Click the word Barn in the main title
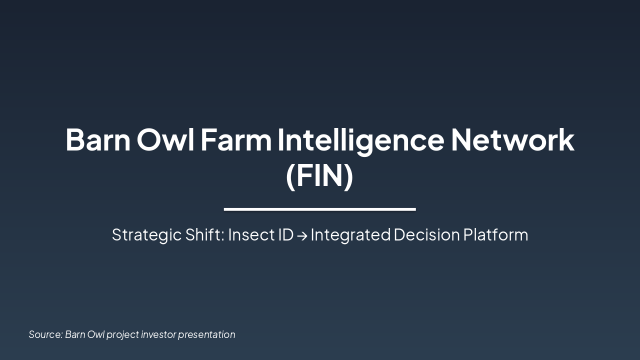tap(97, 140)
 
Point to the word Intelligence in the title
tap(360, 140)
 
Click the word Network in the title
tap(512, 140)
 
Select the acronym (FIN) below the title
tap(319, 176)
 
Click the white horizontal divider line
tap(319, 209)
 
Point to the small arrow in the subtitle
tap(301, 235)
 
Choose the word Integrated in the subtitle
tap(350, 234)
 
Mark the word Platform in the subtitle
tap(495, 234)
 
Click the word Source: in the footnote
tap(45, 334)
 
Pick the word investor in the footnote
tap(158, 334)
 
